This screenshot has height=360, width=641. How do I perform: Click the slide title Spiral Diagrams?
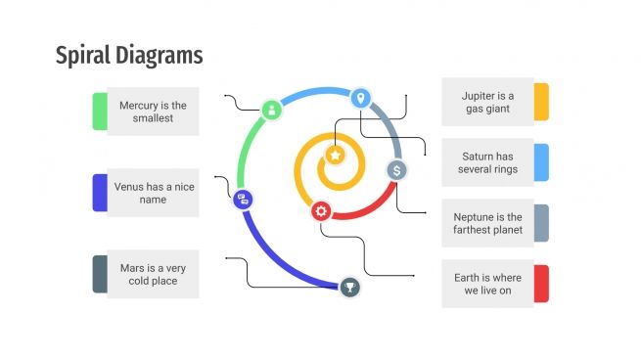pos(129,56)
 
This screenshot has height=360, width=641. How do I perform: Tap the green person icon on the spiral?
pos(272,110)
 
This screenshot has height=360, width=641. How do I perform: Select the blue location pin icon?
pos(360,98)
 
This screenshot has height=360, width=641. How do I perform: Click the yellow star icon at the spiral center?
pos(335,155)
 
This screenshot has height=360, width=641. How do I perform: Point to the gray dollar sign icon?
pos(396,170)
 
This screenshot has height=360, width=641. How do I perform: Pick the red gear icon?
pos(321,210)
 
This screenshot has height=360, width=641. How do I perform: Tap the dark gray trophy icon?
pos(350,287)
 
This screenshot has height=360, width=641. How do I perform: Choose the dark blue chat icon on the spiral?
pos(244,199)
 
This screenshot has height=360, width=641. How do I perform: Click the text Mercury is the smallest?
pos(153,112)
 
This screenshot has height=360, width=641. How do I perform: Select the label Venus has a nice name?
pos(153,193)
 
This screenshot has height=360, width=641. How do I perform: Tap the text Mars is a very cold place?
pos(153,274)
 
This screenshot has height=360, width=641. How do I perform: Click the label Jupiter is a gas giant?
pos(487,102)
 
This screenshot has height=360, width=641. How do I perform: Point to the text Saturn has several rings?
pos(487,162)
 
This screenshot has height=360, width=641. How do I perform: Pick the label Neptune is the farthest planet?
pos(487,223)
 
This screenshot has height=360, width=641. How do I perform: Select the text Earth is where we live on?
pos(487,284)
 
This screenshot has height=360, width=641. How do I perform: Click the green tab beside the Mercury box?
pos(99,112)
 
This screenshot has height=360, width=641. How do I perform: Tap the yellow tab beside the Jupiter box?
pos(541,102)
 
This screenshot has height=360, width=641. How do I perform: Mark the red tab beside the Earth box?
pos(541,284)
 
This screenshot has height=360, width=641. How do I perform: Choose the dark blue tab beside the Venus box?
pos(99,193)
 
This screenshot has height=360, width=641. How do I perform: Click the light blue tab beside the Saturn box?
pos(541,162)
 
